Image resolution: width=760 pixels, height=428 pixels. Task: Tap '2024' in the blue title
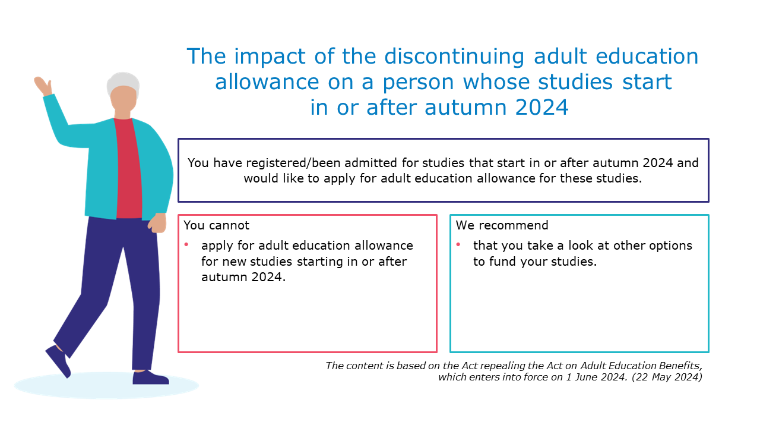(x=541, y=108)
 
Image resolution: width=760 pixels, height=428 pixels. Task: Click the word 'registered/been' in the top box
(x=293, y=163)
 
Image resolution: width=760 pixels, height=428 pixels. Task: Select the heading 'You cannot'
(x=217, y=225)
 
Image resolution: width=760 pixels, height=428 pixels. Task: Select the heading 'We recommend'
(x=502, y=225)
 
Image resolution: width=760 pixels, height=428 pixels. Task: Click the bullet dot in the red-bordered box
(x=186, y=244)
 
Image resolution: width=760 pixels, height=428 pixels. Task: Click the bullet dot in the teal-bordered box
(x=458, y=244)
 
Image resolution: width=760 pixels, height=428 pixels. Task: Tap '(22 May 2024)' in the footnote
(x=667, y=377)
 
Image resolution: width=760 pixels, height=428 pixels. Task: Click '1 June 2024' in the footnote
(x=596, y=377)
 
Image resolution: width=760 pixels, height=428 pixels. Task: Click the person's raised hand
(x=43, y=86)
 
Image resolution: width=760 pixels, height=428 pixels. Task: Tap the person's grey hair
(x=123, y=83)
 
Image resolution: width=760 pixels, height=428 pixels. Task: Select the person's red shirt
(x=128, y=168)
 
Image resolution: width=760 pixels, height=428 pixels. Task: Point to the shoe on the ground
(x=150, y=377)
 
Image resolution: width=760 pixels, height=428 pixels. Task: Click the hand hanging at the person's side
(x=157, y=223)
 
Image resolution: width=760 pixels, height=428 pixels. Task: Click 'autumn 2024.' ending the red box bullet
(x=243, y=277)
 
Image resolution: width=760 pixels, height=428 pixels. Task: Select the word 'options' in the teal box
(x=670, y=246)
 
